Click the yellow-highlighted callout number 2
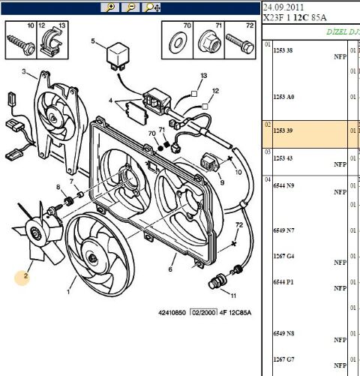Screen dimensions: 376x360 click(25, 275)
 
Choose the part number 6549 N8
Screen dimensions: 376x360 click(283, 331)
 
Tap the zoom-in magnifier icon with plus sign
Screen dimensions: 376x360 click(110, 7)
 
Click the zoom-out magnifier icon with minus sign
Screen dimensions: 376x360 click(130, 7)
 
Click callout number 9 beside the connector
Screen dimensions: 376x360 click(222, 181)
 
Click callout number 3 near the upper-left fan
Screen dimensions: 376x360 click(23, 73)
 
